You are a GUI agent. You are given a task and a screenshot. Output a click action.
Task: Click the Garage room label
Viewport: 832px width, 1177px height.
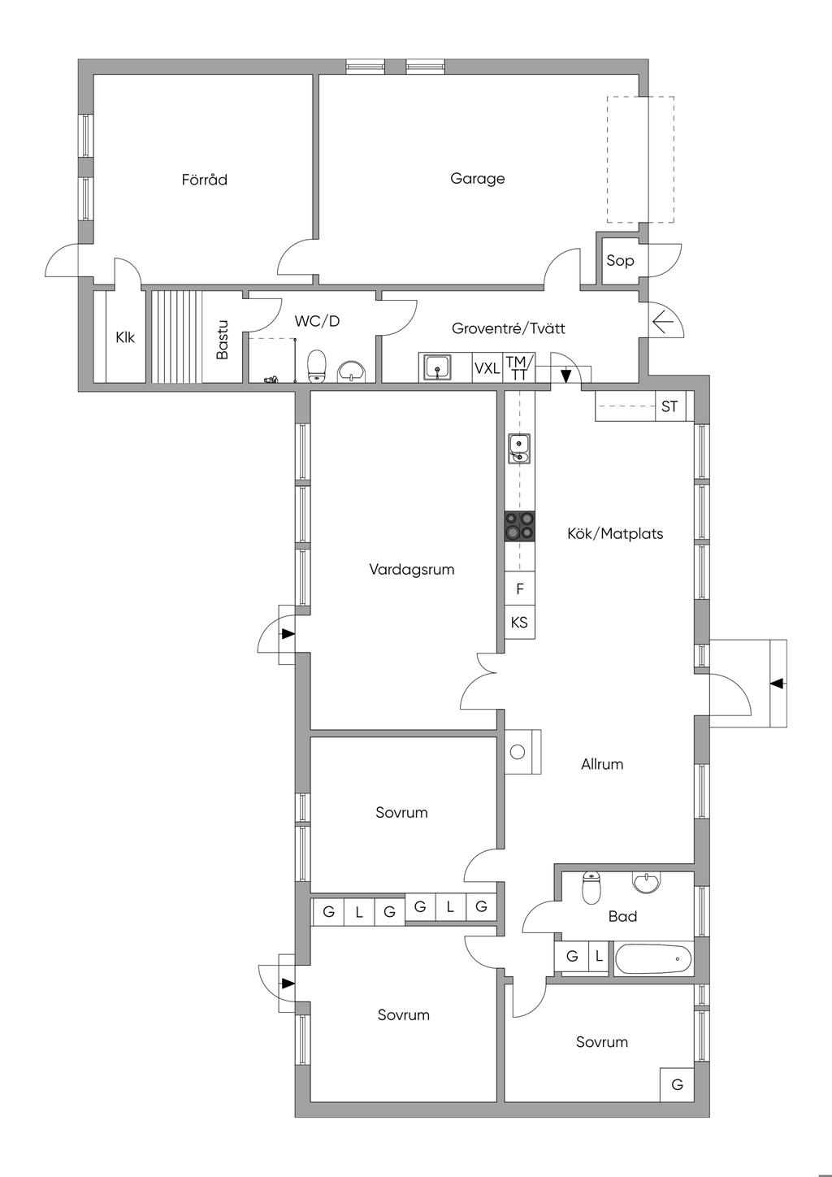click(478, 179)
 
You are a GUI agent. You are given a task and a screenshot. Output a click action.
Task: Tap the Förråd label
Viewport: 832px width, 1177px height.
click(204, 180)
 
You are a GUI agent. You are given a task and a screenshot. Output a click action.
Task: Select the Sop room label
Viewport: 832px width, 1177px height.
click(620, 261)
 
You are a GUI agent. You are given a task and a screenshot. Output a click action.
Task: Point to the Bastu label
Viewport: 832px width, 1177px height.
click(222, 340)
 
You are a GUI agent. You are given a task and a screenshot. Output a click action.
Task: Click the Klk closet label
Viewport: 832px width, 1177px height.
click(125, 337)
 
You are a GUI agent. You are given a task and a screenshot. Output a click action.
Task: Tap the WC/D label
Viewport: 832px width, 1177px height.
click(317, 321)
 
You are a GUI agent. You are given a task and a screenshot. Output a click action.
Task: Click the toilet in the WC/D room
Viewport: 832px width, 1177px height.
click(317, 366)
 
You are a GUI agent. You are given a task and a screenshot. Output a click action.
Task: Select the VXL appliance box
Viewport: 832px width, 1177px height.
click(487, 367)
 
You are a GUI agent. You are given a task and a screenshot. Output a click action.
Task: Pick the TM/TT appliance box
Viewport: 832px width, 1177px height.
click(519, 367)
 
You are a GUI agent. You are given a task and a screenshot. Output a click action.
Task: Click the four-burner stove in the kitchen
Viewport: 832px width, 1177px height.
click(520, 527)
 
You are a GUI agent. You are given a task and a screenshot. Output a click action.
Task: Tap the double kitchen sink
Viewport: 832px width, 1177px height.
click(519, 449)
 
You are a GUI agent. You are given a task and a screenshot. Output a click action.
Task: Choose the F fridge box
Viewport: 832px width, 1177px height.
click(520, 588)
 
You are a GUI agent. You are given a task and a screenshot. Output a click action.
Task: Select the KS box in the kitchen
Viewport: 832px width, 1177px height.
click(520, 623)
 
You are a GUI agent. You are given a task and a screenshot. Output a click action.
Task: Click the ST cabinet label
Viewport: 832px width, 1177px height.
click(669, 406)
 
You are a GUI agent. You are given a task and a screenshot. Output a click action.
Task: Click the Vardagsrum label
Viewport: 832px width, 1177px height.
click(412, 570)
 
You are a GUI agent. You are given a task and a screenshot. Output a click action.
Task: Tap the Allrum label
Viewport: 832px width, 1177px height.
click(602, 764)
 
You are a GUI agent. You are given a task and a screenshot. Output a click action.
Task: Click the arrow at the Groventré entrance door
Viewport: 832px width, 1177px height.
click(664, 323)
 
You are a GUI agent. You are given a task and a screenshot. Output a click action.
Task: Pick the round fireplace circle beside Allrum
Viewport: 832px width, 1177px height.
click(518, 752)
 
